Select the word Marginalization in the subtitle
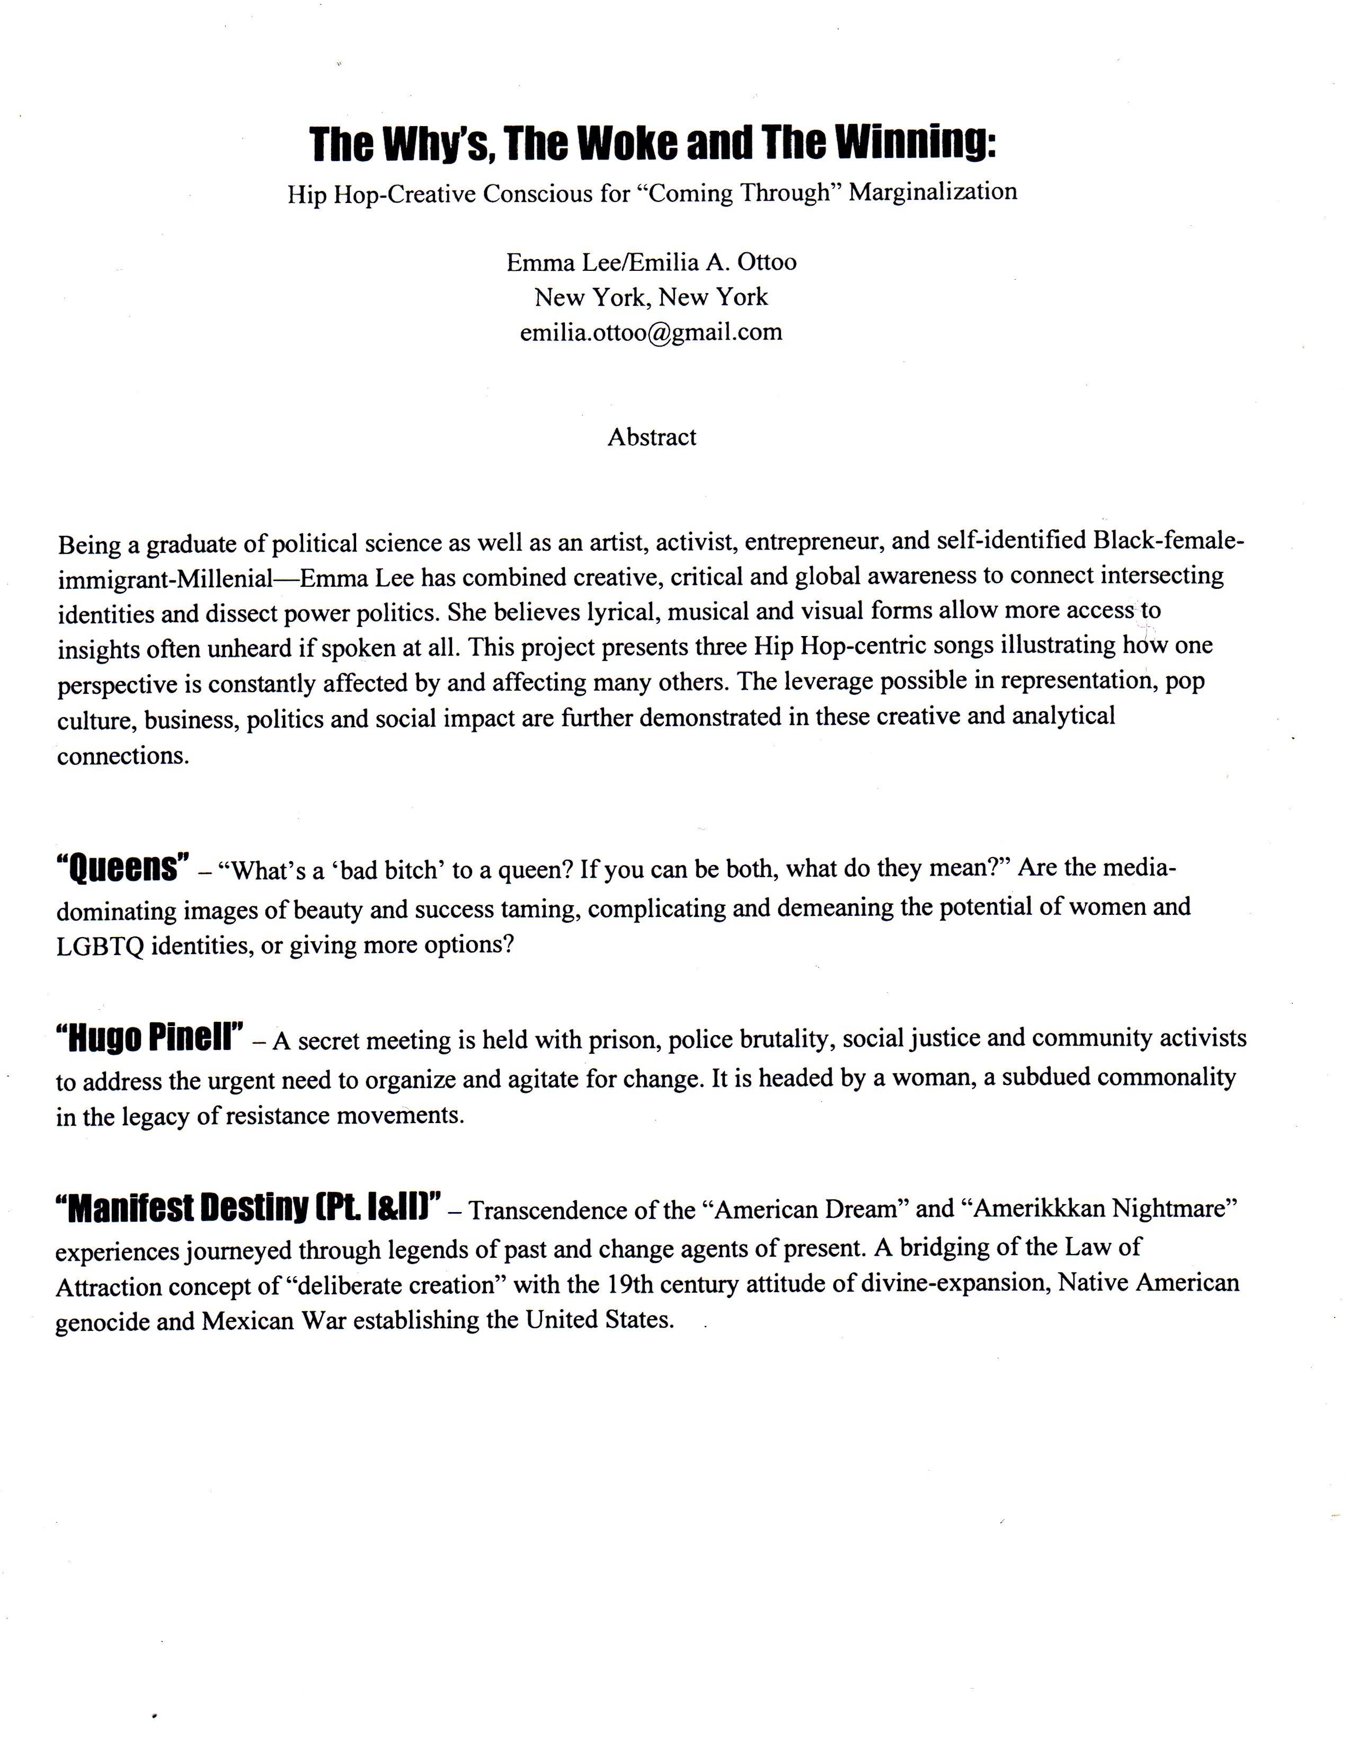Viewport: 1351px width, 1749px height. coord(932,192)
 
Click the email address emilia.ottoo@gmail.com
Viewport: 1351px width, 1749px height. coord(651,332)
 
